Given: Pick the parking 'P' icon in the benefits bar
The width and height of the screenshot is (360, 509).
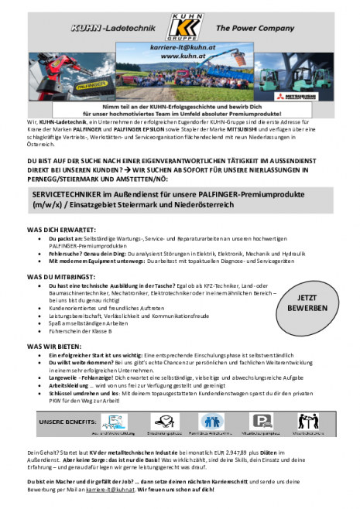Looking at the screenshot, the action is pyautogui.click(x=263, y=421).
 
